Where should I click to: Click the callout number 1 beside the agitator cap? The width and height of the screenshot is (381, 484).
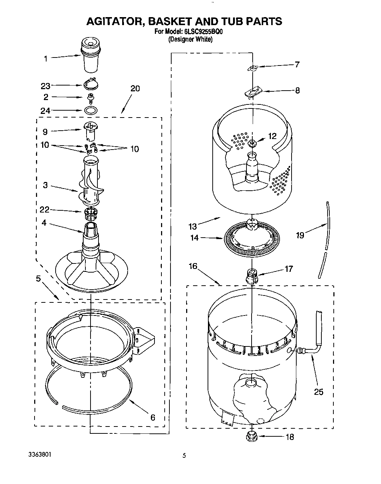[46, 58]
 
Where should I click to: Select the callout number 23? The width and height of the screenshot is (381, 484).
[45, 86]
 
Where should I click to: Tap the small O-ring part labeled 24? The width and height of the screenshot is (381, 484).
[91, 110]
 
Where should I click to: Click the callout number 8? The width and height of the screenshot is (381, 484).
[297, 90]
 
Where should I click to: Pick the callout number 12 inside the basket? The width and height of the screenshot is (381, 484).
[272, 136]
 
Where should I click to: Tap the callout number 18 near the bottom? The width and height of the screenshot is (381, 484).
[290, 437]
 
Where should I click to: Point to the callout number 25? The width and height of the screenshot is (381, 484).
[318, 392]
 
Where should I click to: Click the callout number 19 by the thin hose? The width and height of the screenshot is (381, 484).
[300, 235]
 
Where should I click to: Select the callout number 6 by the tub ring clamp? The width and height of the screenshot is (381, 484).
[153, 417]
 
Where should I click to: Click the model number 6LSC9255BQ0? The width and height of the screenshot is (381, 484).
[198, 32]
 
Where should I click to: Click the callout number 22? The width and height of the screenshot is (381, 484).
[44, 210]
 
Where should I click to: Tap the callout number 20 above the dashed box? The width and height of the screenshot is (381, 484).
[135, 88]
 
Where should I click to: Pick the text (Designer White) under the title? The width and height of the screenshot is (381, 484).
[190, 39]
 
